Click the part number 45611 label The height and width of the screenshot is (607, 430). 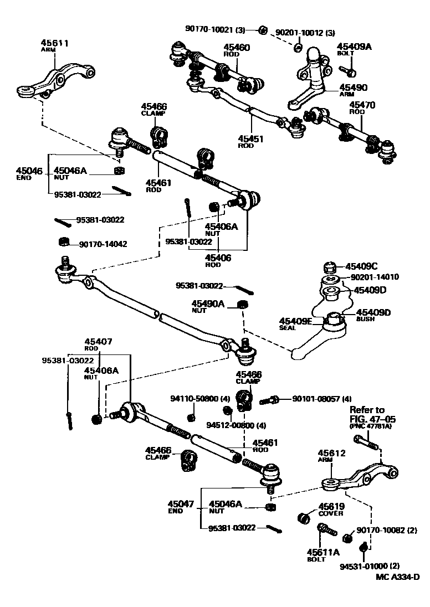[x=54, y=43]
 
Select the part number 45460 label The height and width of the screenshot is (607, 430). [x=237, y=48]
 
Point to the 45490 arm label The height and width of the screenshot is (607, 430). [x=353, y=88]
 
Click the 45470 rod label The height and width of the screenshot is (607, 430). [x=362, y=104]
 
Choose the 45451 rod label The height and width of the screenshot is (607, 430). [x=250, y=140]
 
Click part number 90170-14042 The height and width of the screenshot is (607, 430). [x=103, y=244]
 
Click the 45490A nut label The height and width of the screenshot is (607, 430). [x=208, y=304]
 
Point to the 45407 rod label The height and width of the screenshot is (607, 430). [x=99, y=342]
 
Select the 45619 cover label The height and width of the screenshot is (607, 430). [x=331, y=507]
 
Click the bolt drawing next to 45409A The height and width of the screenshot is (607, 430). [x=348, y=71]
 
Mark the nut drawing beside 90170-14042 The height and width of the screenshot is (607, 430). [x=64, y=241]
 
